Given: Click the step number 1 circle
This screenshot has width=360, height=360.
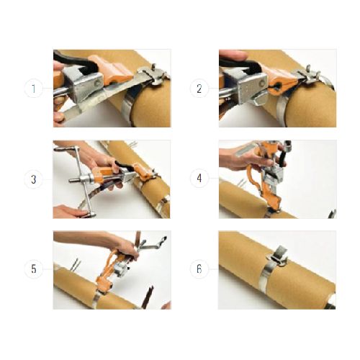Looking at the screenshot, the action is point(34,89).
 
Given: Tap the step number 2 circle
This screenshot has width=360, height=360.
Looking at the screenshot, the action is point(199,89).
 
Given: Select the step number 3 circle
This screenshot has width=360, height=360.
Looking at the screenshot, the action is point(34,179).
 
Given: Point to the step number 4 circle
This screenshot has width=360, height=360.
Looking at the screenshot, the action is point(199,179).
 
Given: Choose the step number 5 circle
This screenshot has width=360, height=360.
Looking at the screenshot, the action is point(34,269).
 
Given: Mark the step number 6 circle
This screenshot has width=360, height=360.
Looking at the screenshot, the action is point(199,269).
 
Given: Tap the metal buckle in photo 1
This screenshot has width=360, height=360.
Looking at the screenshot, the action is point(153,73).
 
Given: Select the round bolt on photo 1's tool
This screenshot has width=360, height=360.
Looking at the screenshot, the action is point(98,83).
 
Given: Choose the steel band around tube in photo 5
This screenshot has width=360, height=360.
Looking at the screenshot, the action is point(98,300).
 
